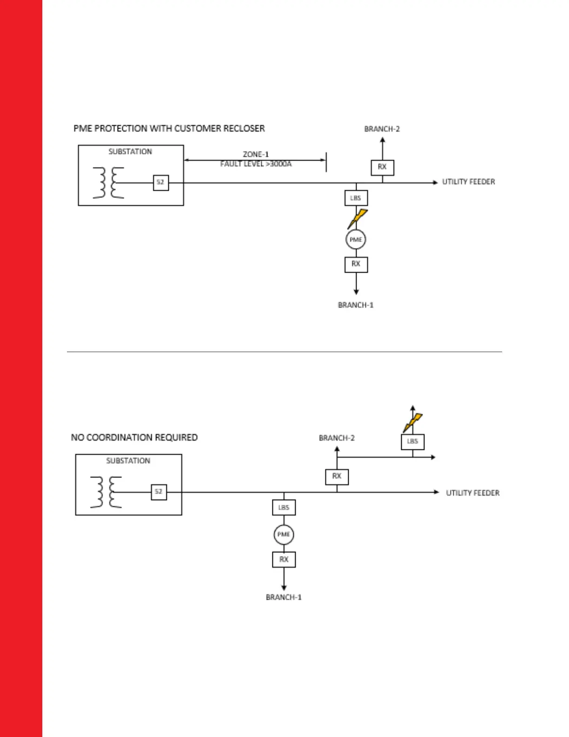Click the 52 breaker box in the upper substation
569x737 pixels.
(x=161, y=182)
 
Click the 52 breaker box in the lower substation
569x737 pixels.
(x=159, y=492)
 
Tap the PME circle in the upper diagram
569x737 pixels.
(x=356, y=240)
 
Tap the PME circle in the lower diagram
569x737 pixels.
(x=284, y=534)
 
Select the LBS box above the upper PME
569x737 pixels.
(x=356, y=198)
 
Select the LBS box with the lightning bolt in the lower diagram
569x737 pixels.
(x=412, y=442)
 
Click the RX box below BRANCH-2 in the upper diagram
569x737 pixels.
(x=382, y=167)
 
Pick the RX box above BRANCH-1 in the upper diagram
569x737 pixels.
(x=356, y=264)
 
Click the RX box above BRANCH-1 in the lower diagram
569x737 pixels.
(x=284, y=559)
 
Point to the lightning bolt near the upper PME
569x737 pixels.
(x=358, y=218)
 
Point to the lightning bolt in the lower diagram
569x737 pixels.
(x=413, y=422)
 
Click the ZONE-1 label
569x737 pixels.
(x=256, y=154)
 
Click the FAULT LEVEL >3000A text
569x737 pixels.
(x=256, y=164)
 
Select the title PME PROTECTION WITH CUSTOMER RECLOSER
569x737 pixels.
(x=169, y=128)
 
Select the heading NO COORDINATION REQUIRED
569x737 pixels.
(x=134, y=437)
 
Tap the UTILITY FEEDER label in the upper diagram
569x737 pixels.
(x=469, y=182)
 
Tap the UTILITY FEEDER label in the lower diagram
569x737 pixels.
(x=473, y=493)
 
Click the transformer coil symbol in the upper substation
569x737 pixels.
(x=108, y=183)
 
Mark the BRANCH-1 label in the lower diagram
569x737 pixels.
(x=284, y=597)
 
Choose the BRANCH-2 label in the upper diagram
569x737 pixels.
(x=382, y=129)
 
